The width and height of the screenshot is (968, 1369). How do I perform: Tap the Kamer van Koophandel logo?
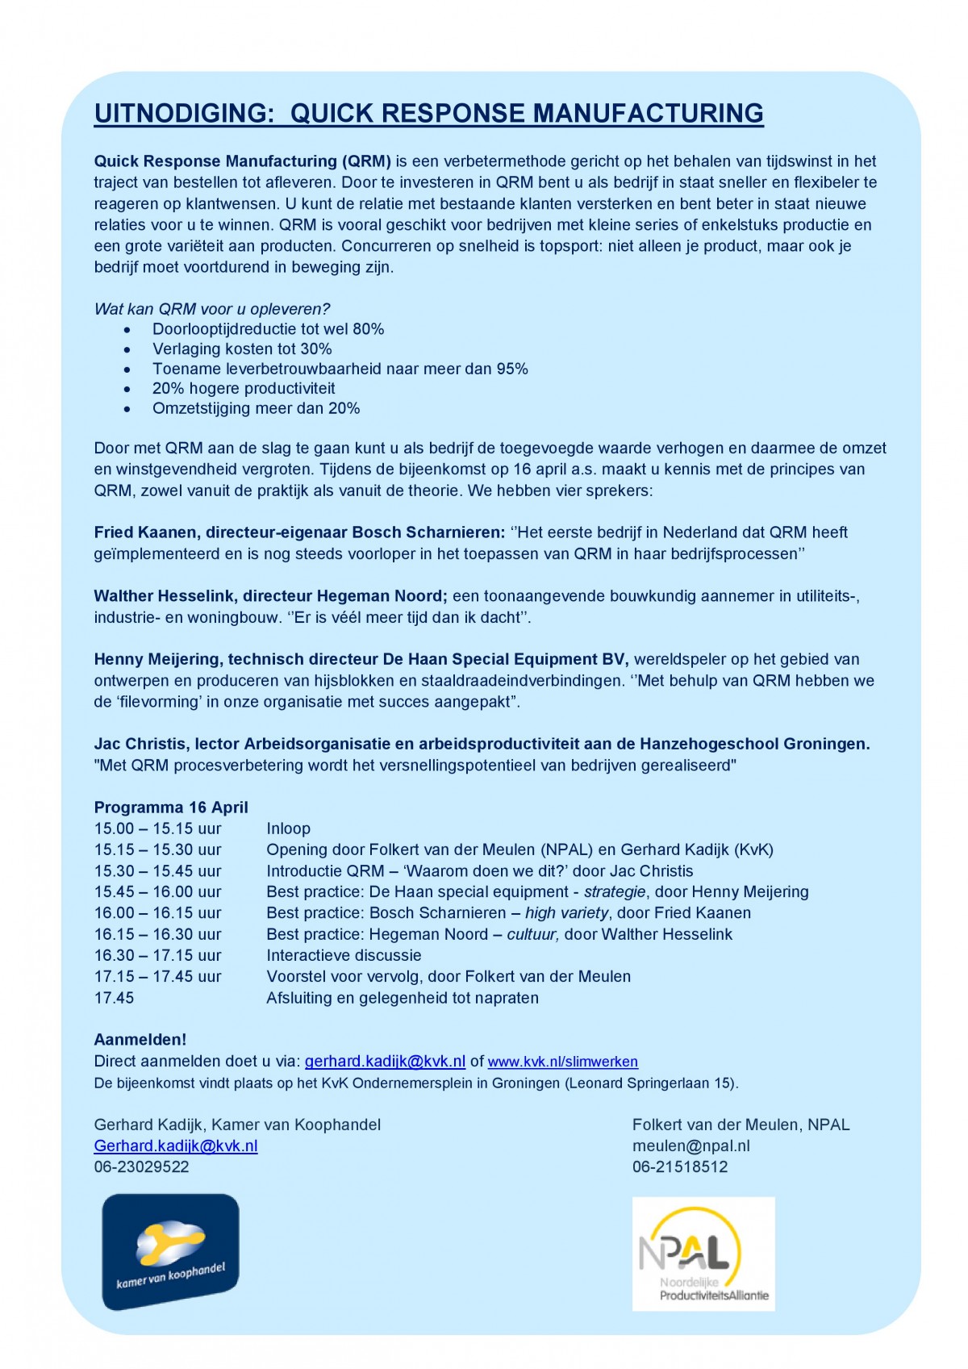point(170,1251)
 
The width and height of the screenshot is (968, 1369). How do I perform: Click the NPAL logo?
point(703,1253)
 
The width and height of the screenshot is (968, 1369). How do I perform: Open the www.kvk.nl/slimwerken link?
point(562,1062)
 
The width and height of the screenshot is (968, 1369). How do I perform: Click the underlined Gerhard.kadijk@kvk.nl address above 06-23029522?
point(176,1146)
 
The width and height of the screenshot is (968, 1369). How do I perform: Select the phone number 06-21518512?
point(680,1167)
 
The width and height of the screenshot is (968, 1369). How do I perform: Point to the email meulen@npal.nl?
point(691,1146)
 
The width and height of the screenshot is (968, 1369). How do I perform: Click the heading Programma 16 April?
point(171,808)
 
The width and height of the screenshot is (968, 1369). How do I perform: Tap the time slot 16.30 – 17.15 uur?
point(157,956)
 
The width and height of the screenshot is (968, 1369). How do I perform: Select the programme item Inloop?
point(288,829)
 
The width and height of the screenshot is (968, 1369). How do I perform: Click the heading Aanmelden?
point(140,1040)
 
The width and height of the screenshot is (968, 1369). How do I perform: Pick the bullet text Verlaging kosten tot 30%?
point(242,349)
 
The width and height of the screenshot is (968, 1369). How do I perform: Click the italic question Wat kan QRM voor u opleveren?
point(212,309)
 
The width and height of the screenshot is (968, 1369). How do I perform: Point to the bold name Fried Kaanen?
point(145,532)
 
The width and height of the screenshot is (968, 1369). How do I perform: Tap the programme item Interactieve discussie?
point(344,956)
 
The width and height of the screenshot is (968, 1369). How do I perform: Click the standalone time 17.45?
point(114,998)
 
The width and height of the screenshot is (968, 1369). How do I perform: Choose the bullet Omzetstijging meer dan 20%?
point(256,409)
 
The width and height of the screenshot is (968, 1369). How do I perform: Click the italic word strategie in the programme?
point(615,892)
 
